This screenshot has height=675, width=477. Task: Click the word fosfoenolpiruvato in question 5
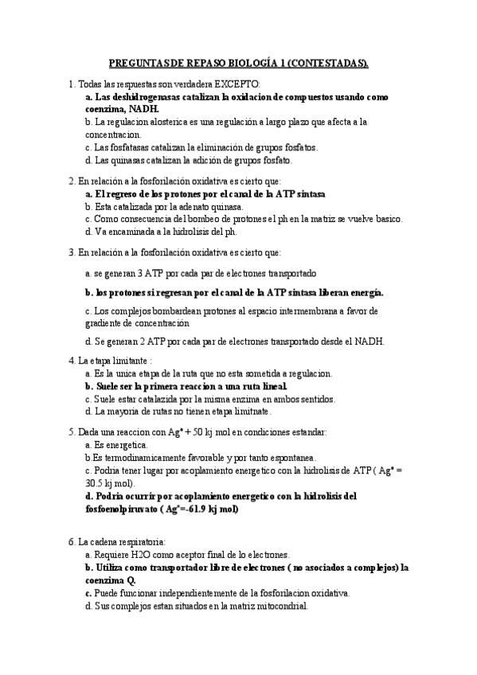pos(118,508)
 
